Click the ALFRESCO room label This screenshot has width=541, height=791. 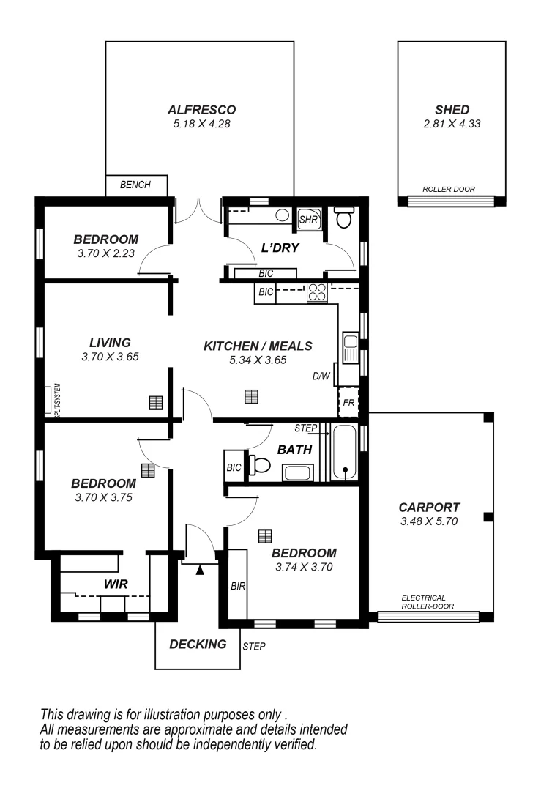pyautogui.click(x=201, y=110)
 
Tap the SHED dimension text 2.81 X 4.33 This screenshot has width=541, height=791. pyautogui.click(x=452, y=124)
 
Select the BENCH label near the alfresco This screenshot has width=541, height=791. pyautogui.click(x=135, y=185)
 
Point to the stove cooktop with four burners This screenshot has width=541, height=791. pyautogui.click(x=317, y=292)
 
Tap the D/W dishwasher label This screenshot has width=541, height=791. pyautogui.click(x=321, y=377)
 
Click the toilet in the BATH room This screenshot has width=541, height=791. pyautogui.click(x=258, y=465)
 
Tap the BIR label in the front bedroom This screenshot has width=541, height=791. pyautogui.click(x=237, y=586)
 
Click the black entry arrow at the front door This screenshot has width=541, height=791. pyautogui.click(x=200, y=570)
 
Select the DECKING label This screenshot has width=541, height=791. pyautogui.click(x=198, y=645)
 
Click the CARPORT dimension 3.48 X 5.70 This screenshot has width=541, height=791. pyautogui.click(x=429, y=521)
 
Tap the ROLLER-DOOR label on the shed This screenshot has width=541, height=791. pyautogui.click(x=449, y=189)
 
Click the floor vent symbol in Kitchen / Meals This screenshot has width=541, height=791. pyautogui.click(x=251, y=396)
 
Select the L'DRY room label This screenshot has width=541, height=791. pyautogui.click(x=280, y=248)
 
